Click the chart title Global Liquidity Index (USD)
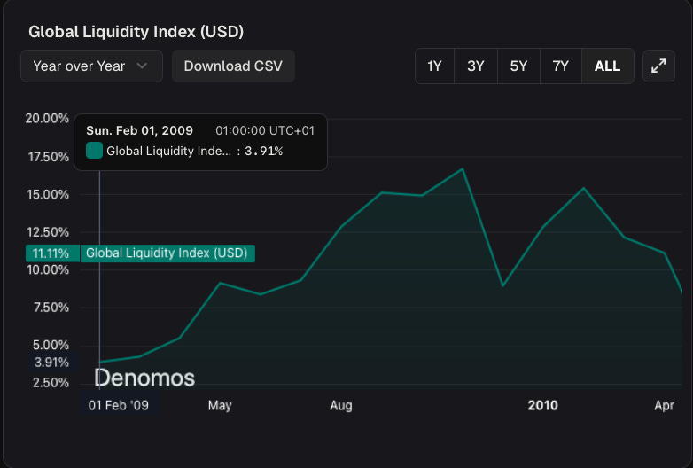(x=136, y=32)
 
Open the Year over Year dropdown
(x=91, y=66)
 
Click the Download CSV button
(x=233, y=66)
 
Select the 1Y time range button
(x=434, y=66)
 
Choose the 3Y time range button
(x=476, y=66)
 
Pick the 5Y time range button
(x=518, y=66)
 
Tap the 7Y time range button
(x=560, y=66)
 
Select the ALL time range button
(x=607, y=66)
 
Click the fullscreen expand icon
(x=658, y=66)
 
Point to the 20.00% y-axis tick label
(x=47, y=119)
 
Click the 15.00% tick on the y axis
(x=47, y=194)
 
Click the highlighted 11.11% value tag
(x=51, y=253)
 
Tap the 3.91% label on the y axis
(x=51, y=363)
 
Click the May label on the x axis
(x=220, y=406)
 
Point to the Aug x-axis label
(x=341, y=406)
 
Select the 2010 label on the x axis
(x=542, y=406)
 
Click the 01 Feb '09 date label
(x=118, y=406)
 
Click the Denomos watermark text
(x=144, y=378)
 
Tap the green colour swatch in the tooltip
(x=94, y=151)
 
